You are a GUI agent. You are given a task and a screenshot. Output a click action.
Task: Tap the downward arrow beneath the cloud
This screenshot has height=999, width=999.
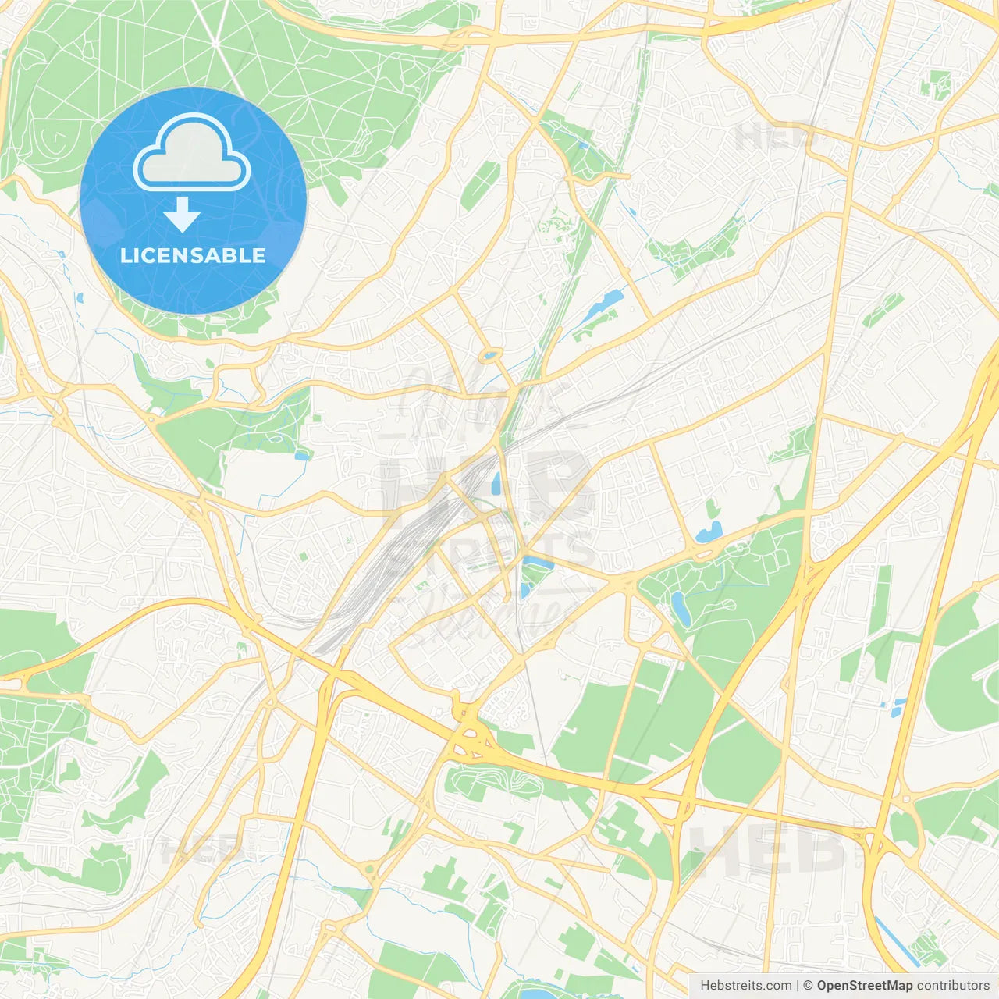182,215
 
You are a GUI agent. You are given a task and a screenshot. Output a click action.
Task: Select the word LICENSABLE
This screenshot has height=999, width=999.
193,255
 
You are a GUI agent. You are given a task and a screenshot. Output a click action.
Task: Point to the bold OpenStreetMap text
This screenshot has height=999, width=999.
865,986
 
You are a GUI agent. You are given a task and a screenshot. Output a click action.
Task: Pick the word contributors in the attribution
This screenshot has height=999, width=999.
953,986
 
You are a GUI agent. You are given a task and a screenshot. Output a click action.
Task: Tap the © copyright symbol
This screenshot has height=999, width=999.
809,986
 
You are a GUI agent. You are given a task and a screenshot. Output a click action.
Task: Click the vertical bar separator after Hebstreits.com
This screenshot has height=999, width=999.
798,986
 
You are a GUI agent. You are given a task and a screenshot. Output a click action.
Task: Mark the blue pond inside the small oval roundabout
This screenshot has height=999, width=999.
490,356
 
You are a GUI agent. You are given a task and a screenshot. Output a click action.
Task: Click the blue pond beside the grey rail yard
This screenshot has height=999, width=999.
496,484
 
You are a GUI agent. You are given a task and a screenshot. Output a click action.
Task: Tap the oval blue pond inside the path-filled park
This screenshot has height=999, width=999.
680,608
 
